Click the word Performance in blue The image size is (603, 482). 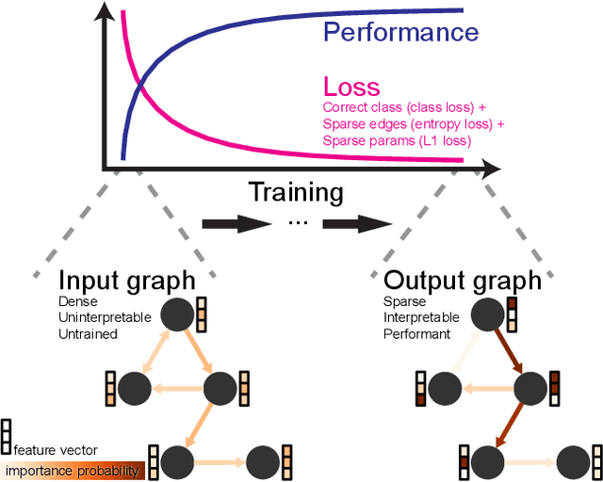400,32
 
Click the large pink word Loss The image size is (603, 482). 352,88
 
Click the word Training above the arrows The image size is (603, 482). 295,193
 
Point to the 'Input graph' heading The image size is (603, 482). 127,281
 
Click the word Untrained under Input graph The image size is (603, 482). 89,333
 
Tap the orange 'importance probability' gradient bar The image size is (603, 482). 73,471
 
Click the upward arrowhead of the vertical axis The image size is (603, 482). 109,13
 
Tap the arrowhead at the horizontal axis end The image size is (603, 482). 491,169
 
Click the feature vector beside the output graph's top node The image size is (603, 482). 513,314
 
